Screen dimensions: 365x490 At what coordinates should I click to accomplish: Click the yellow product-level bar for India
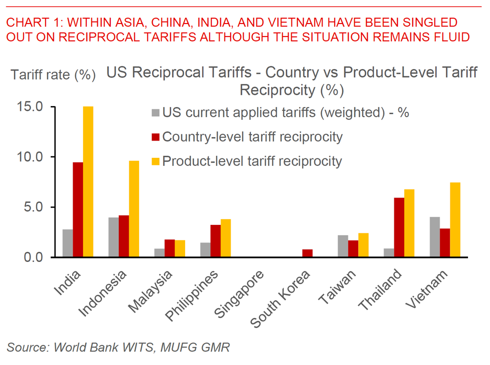tap(88, 182)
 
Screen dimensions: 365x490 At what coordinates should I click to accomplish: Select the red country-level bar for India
tap(78, 210)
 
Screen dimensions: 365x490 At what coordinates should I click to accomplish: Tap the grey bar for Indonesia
tap(114, 237)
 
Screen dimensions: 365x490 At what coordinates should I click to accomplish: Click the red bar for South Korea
tap(307, 253)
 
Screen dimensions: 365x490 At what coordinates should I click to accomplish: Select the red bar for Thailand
tap(398, 227)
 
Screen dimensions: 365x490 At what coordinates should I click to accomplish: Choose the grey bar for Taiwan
tap(342, 246)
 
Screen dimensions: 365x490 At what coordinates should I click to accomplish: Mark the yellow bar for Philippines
tap(225, 238)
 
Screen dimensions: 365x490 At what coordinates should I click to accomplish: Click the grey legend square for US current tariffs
tap(155, 114)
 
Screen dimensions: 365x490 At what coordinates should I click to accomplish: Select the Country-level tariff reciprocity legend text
tap(253, 137)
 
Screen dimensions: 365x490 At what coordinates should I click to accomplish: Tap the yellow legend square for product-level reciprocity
tap(155, 161)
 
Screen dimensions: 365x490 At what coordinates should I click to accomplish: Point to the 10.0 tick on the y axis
tap(33, 157)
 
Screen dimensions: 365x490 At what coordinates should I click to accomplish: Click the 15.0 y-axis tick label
tap(33, 106)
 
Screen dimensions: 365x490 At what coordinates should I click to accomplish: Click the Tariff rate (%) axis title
tap(53, 75)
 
